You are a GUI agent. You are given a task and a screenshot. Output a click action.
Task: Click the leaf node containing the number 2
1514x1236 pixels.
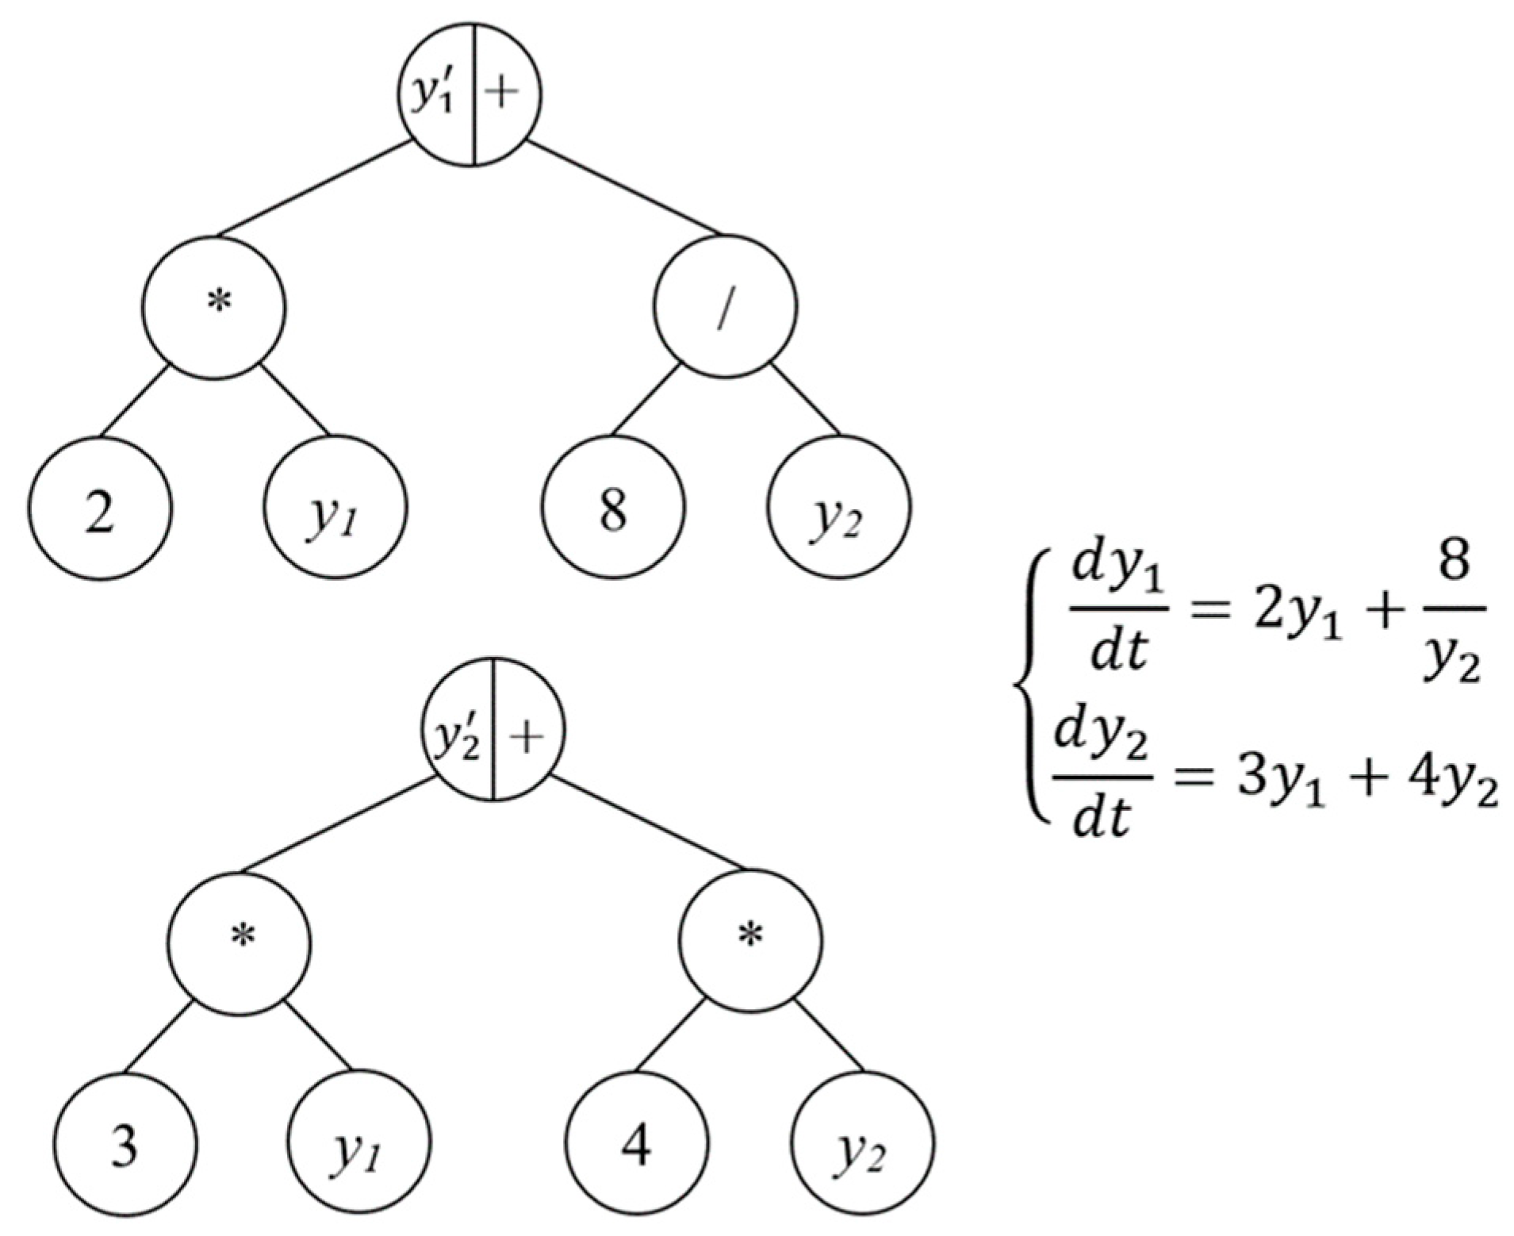coord(100,508)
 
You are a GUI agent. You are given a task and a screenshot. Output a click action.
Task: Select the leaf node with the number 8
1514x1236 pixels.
coord(613,508)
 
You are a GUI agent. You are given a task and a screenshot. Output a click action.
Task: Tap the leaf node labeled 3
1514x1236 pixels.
coord(124,1142)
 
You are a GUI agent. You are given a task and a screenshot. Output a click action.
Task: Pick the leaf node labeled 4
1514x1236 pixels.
coord(637,1142)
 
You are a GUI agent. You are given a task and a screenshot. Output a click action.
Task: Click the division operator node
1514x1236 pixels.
coord(725,306)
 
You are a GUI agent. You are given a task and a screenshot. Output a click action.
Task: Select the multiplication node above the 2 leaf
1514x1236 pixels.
coord(214,306)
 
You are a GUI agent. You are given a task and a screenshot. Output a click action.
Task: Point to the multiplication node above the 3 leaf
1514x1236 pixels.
coord(240,942)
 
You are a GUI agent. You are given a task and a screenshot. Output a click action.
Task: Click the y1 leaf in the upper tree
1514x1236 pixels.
coord(335,508)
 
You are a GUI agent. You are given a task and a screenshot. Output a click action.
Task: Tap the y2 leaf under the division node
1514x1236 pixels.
coord(838,508)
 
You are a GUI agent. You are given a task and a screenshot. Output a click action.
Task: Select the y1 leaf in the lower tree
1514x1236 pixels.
coord(358,1142)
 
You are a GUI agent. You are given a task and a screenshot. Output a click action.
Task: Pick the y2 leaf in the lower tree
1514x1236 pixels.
coord(861,1142)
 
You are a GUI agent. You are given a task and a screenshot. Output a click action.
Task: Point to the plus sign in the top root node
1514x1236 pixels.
coord(503,94)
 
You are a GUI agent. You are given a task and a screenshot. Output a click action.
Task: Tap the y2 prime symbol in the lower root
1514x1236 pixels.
coord(457,731)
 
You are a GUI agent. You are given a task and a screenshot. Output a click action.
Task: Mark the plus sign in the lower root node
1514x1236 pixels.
coord(527,730)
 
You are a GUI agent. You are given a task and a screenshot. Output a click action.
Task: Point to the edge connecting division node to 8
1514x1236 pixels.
coord(644,400)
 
